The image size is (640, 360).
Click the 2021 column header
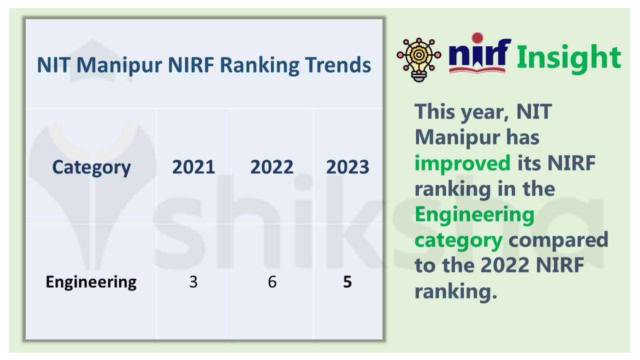(193, 167)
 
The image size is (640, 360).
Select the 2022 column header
(271, 167)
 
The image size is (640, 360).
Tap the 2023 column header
(347, 167)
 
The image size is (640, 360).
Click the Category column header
(91, 167)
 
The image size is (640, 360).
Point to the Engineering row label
(91, 282)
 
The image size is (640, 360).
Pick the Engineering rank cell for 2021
(193, 282)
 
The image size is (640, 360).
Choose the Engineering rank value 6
(272, 282)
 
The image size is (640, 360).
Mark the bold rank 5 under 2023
(347, 282)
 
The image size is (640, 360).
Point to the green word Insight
(568, 57)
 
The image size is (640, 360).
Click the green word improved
(462, 163)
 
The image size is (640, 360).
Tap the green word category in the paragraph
(458, 240)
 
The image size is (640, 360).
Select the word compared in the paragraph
(558, 240)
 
